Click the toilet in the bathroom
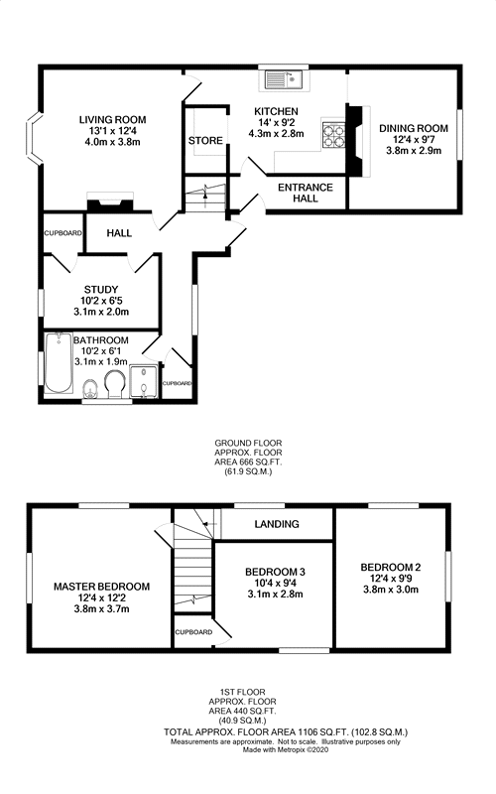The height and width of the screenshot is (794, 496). tap(90, 387)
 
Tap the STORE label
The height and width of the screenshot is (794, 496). tap(205, 141)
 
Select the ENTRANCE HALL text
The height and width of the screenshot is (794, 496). tap(305, 193)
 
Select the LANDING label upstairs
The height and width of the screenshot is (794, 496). tap(277, 524)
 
